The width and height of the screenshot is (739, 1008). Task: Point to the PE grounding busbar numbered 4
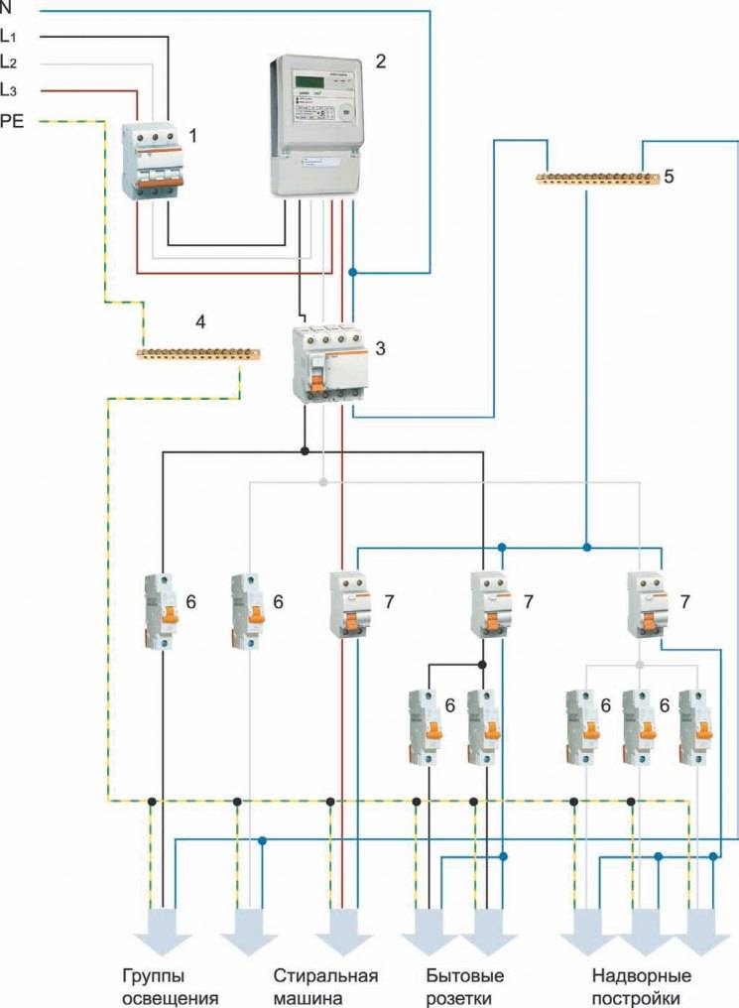pos(197,352)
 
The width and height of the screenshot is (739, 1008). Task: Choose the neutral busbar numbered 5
pos(597,180)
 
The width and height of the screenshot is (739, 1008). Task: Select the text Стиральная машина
pos(325,985)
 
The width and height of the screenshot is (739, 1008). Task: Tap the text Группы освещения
pos(170,985)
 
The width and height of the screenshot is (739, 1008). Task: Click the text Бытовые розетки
pos(464,985)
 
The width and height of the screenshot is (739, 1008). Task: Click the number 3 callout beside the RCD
pos(381,348)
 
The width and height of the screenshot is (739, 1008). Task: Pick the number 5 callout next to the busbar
pos(670,176)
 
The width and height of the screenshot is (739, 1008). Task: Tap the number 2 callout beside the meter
pos(381,62)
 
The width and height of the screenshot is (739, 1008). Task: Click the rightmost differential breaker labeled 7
pos(647,605)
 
